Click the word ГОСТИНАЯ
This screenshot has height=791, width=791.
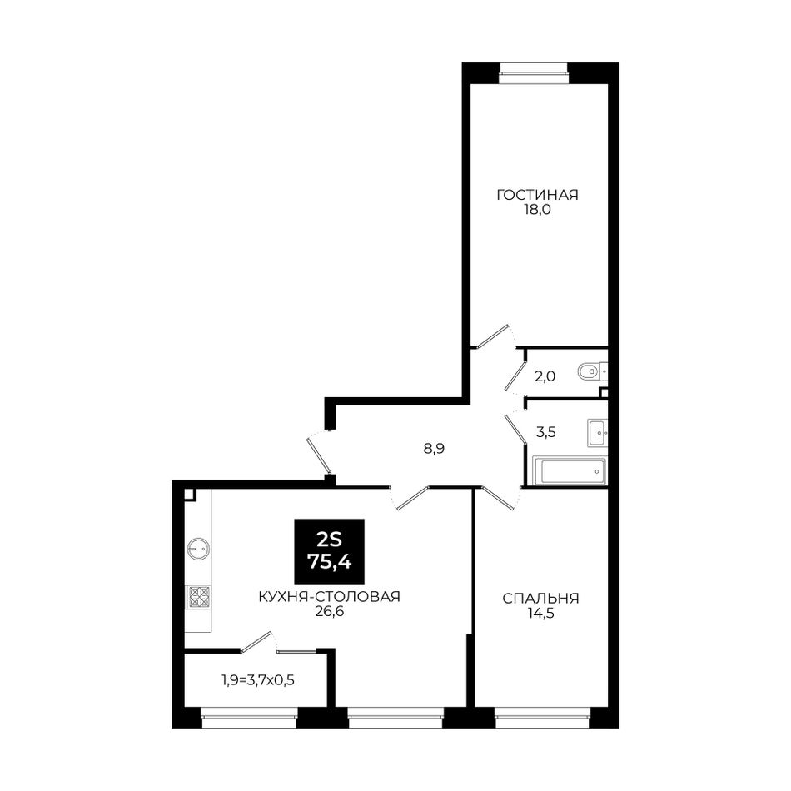pyautogui.click(x=537, y=195)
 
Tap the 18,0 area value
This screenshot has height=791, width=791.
pyautogui.click(x=537, y=211)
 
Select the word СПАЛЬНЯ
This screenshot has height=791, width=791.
pyautogui.click(x=540, y=599)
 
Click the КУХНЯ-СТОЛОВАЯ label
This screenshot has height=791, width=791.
pyautogui.click(x=329, y=597)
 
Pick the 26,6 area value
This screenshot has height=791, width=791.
pyautogui.click(x=329, y=612)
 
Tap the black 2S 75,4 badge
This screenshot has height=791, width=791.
pyautogui.click(x=330, y=551)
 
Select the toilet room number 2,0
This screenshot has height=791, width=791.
pyautogui.click(x=545, y=376)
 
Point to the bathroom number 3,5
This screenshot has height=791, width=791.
pyautogui.click(x=546, y=432)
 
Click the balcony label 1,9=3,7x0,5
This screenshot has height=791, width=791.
pyautogui.click(x=258, y=680)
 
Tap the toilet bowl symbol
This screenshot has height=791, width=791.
pyautogui.click(x=590, y=373)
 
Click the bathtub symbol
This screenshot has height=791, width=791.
pyautogui.click(x=569, y=471)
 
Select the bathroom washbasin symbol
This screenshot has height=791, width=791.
pyautogui.click(x=597, y=433)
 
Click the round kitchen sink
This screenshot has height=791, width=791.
pyautogui.click(x=198, y=549)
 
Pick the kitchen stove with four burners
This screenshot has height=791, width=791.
pyautogui.click(x=199, y=596)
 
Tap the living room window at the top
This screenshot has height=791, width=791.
pyautogui.click(x=534, y=73)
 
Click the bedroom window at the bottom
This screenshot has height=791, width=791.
pyautogui.click(x=542, y=718)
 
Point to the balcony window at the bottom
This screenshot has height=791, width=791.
pyautogui.click(x=249, y=718)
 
